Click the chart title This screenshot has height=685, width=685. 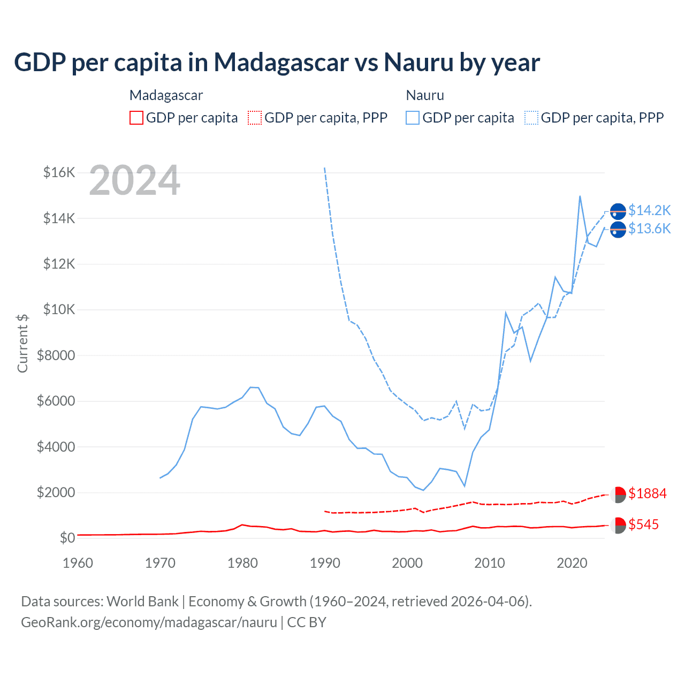click(x=277, y=63)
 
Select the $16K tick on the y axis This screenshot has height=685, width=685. click(x=59, y=172)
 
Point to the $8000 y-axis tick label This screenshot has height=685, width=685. click(x=56, y=355)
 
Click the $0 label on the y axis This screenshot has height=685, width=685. click(x=67, y=538)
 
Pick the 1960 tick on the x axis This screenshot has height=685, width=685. click(x=78, y=563)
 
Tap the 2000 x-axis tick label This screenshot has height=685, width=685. click(x=407, y=563)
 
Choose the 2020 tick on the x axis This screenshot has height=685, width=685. click(x=572, y=563)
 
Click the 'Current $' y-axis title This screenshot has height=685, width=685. click(x=22, y=343)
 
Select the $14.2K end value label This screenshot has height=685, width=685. click(x=649, y=210)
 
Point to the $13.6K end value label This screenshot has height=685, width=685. click(x=649, y=229)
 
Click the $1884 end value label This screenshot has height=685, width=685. click(x=648, y=493)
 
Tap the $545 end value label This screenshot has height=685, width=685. click(x=644, y=524)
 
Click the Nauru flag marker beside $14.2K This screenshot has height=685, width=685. click(x=618, y=212)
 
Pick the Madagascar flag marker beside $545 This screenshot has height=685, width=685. click(x=618, y=525)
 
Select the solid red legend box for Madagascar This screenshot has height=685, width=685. click(x=136, y=118)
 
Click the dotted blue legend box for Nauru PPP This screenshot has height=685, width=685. click(x=531, y=118)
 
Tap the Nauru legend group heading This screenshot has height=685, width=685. click(x=425, y=95)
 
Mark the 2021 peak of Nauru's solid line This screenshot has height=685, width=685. click(x=580, y=196)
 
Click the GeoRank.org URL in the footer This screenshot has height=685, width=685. click(x=149, y=622)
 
